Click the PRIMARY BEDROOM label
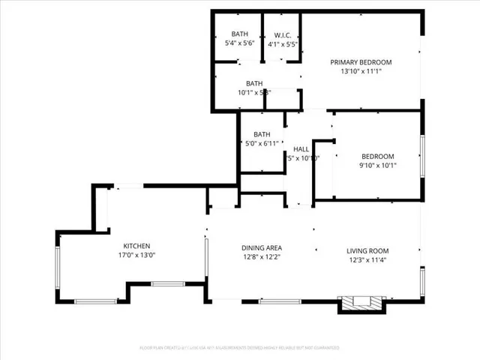(361, 62)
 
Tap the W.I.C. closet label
(283, 34)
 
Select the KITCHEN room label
(137, 246)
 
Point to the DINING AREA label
(261, 248)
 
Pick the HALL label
(301, 148)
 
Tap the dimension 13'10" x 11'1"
(361, 72)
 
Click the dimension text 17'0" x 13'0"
(137, 256)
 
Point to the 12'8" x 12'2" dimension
(261, 258)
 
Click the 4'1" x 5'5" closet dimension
(283, 43)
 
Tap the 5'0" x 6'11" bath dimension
(261, 142)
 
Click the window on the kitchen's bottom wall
(95, 301)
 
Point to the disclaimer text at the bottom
(239, 348)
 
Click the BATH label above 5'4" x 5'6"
(239, 34)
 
